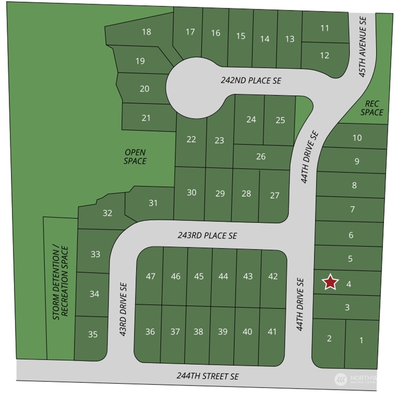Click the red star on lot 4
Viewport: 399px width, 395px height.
330,283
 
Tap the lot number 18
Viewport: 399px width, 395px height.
146,32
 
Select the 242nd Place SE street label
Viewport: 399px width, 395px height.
251,80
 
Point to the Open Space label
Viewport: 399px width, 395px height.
135,157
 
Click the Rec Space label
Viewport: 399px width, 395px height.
372,108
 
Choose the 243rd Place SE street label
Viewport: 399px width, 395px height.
207,235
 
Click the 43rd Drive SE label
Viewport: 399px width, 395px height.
123,309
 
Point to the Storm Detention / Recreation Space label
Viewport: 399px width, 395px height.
61,283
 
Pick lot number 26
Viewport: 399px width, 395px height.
261,157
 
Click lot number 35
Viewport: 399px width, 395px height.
93,334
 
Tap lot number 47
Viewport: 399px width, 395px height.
150,276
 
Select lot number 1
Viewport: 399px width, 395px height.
361,340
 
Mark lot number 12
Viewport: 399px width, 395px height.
324,55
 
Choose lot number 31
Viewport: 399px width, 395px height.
153,203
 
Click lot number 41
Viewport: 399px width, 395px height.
272,332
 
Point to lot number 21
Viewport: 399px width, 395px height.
146,118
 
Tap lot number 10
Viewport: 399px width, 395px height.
357,138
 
